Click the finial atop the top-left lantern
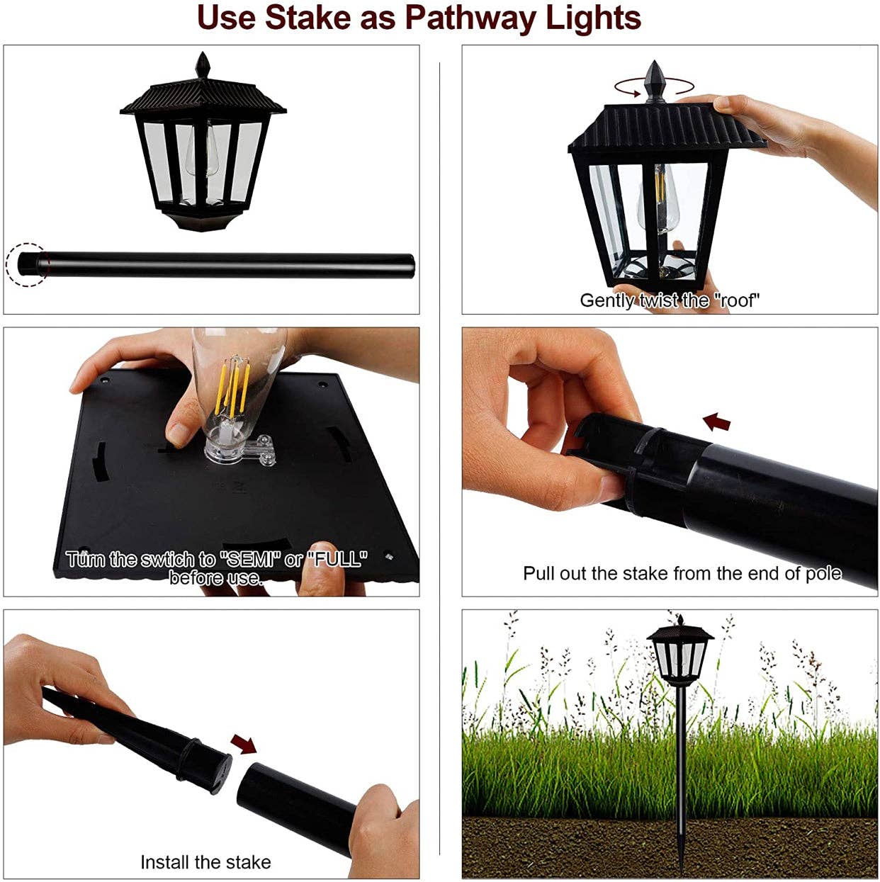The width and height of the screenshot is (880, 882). point(204,66)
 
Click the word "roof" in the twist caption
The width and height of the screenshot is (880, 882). point(737,301)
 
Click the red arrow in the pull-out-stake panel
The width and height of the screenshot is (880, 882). point(716,423)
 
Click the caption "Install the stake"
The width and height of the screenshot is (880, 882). point(205,862)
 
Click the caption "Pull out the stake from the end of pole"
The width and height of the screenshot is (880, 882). point(682,573)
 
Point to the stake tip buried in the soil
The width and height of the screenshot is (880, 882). point(681,861)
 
